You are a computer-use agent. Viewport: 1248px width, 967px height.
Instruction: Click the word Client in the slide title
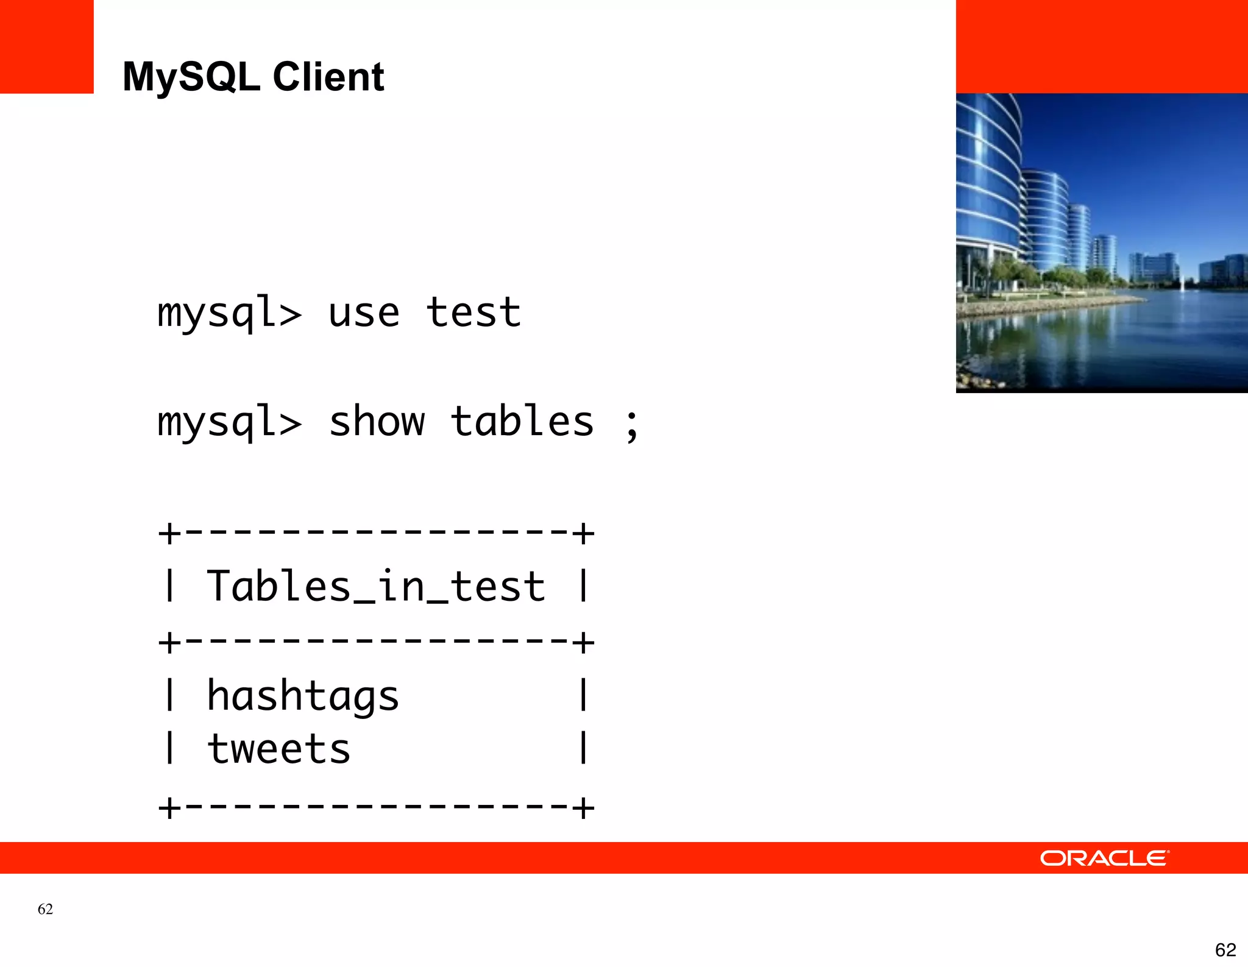tap(328, 77)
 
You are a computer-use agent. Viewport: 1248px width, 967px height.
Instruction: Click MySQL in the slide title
tap(191, 77)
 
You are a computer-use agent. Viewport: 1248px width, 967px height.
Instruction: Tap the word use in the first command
tap(364, 313)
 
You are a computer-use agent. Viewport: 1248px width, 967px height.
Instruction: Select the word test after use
tap(473, 313)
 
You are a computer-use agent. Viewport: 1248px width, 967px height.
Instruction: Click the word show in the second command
tap(377, 422)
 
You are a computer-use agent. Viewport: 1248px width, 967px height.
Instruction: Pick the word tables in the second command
tap(522, 422)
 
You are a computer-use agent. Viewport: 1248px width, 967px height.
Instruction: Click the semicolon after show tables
tap(632, 425)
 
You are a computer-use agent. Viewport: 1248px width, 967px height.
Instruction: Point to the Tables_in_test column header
tap(376, 586)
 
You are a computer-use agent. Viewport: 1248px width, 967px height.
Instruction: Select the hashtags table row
tap(303, 696)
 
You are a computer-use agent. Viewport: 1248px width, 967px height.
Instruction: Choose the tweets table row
tap(279, 749)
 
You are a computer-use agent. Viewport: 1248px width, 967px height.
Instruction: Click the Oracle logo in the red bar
tap(1104, 858)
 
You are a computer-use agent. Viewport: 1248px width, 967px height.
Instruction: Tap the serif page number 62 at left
tap(45, 909)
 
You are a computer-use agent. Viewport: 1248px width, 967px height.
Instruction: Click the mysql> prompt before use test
tap(229, 313)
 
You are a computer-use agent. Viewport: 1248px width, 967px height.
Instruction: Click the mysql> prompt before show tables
tap(229, 422)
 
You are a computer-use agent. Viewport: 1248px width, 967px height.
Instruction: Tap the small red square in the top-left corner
tap(46, 46)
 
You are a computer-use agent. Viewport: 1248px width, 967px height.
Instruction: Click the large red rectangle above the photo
tap(1102, 46)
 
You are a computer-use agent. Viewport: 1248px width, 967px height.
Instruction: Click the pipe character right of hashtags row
tap(583, 695)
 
